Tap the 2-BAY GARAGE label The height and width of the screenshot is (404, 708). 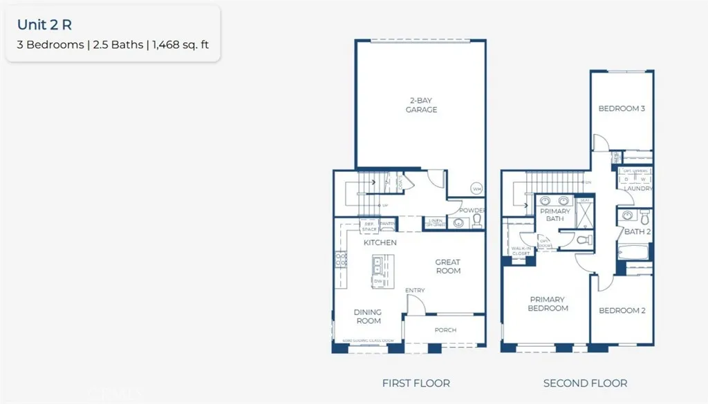pos(421,105)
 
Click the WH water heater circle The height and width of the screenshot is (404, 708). pos(476,189)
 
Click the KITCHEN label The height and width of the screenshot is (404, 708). pos(380,242)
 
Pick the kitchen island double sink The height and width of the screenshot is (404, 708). pos(378,263)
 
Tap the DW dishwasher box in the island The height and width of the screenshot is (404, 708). pos(378,281)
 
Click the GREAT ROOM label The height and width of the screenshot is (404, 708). pos(447,266)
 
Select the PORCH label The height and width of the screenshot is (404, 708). pos(445,330)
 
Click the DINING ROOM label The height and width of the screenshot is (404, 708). pos(368,316)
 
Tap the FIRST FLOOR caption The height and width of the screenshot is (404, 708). pos(416,383)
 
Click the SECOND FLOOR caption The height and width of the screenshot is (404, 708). pos(585,383)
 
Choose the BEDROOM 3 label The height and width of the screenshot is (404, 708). pos(622,108)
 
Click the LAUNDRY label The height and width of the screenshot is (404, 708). pos(637,189)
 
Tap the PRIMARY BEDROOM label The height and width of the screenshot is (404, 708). pos(547,304)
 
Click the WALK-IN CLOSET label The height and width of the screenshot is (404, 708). pos(520,251)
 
